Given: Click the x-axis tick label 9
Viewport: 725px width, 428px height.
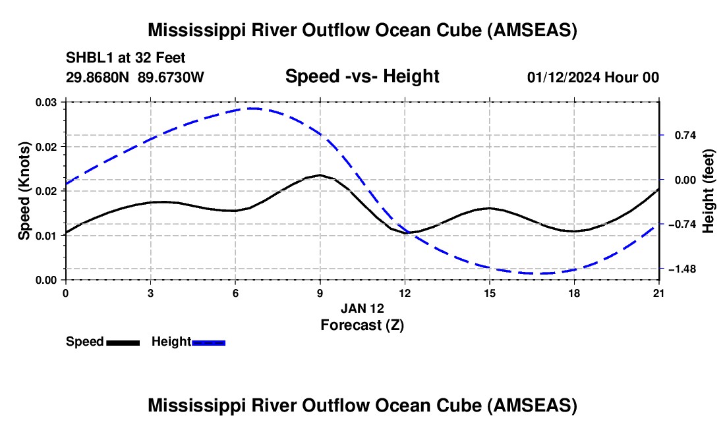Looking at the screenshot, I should tap(320, 293).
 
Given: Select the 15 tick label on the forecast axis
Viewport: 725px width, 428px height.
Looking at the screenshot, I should tap(490, 293).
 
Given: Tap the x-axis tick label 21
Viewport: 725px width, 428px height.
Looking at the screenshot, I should tap(659, 293).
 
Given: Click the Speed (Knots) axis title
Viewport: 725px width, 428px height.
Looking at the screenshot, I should tap(24, 191).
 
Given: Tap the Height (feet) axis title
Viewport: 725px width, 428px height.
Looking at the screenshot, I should tap(709, 191).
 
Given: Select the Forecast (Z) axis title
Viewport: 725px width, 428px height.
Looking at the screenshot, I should tap(362, 325).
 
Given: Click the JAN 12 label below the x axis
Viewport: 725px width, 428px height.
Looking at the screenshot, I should tap(362, 308).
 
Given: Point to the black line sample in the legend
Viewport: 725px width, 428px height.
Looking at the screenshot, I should tap(123, 342).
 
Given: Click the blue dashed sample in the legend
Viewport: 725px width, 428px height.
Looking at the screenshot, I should tap(209, 342).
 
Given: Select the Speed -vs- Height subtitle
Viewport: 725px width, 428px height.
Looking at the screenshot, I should tap(362, 76).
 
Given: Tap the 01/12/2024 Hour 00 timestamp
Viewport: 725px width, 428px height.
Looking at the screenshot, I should tap(593, 78).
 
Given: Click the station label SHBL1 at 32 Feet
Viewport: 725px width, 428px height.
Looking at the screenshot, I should tap(125, 57).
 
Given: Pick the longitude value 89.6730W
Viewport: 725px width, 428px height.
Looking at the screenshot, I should tap(171, 78).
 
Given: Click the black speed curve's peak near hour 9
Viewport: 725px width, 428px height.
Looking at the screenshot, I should tap(320, 175).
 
